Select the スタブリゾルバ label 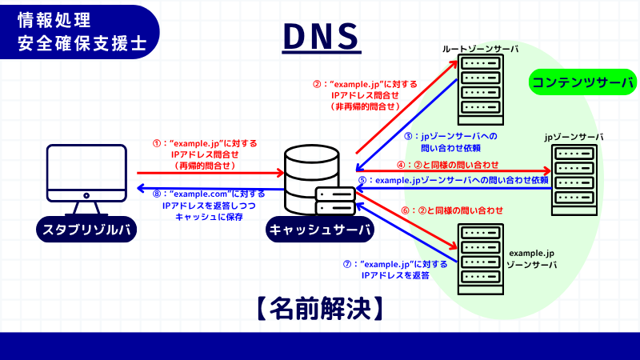pos(86,231)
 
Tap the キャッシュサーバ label pos(320,231)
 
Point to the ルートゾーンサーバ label pos(480,50)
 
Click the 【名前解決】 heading pos(319,306)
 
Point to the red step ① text pos(205,154)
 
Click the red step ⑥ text pos(451,210)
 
